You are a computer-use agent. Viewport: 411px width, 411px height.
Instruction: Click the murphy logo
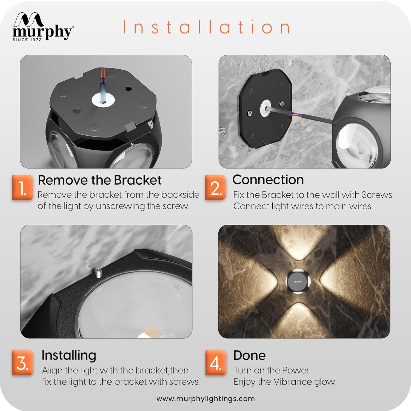coord(42,27)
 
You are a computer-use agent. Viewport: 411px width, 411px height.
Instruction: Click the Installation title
coord(206,27)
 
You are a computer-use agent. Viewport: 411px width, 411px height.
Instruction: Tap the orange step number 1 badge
coord(22,188)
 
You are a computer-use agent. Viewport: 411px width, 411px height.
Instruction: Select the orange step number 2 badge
coord(216,188)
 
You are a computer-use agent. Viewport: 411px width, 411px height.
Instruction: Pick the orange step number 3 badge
coord(22,363)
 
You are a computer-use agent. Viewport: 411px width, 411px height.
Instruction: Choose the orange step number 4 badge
coord(216,363)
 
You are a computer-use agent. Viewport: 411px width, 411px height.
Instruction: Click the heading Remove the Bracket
coord(99,180)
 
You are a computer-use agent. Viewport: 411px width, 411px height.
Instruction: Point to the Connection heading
coord(268,180)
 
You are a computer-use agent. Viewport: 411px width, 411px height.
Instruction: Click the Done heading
coord(249,355)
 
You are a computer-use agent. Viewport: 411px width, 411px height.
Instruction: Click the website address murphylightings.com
coord(206,398)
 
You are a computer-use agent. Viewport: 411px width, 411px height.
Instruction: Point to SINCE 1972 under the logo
coord(27,40)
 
